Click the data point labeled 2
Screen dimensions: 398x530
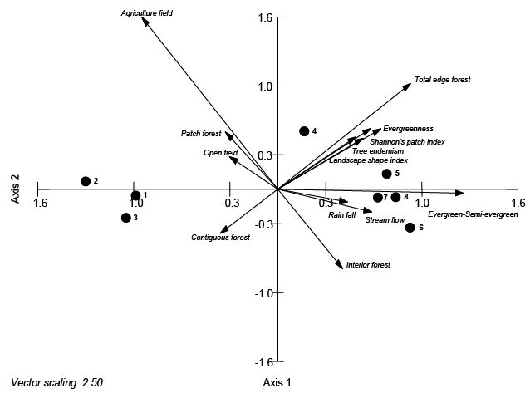point(85,181)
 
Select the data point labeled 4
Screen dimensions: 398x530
point(304,131)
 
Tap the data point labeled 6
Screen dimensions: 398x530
point(410,228)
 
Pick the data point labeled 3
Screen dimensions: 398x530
point(125,218)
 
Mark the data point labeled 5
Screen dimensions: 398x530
point(386,174)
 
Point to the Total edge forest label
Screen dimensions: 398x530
point(442,80)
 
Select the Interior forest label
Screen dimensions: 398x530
point(368,265)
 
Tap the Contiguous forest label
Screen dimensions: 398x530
point(220,238)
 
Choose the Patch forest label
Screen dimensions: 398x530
point(201,134)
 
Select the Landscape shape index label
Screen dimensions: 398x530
point(368,160)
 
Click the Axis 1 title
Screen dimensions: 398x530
point(277,383)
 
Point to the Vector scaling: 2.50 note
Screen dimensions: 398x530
point(56,383)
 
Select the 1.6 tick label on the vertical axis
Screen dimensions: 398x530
point(265,17)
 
